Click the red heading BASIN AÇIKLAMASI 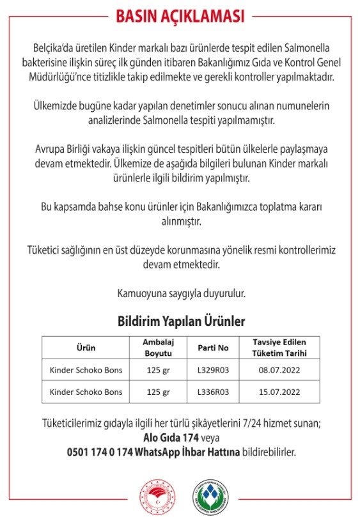(x=180, y=17)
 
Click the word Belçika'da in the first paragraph (x=56, y=49)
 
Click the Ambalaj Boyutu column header (x=158, y=348)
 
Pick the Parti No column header (x=213, y=348)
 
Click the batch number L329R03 (x=213, y=369)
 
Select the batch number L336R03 (x=213, y=391)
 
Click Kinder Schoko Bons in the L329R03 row (x=86, y=369)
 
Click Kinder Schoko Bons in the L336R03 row (x=86, y=391)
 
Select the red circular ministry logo (x=156, y=496)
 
